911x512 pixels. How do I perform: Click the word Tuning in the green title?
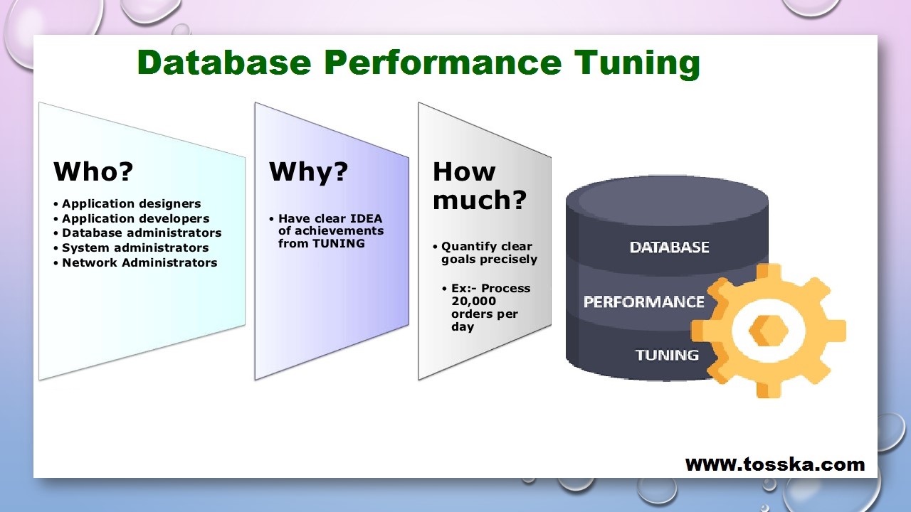(x=637, y=63)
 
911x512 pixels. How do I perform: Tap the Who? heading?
(x=93, y=171)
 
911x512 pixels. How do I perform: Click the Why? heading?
(x=308, y=172)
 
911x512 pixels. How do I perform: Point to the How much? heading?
(x=480, y=186)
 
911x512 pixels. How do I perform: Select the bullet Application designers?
(x=131, y=203)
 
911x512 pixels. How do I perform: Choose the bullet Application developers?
(x=135, y=218)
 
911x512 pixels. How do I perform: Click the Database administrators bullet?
(x=142, y=233)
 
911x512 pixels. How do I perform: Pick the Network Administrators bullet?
(x=139, y=262)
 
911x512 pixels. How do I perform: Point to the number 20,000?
(x=473, y=301)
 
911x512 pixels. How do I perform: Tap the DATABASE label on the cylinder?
(x=669, y=247)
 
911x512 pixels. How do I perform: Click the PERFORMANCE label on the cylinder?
(x=644, y=302)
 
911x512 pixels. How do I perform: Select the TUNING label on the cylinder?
(x=667, y=355)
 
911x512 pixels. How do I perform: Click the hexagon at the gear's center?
(x=768, y=331)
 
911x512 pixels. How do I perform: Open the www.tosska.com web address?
(x=775, y=464)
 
